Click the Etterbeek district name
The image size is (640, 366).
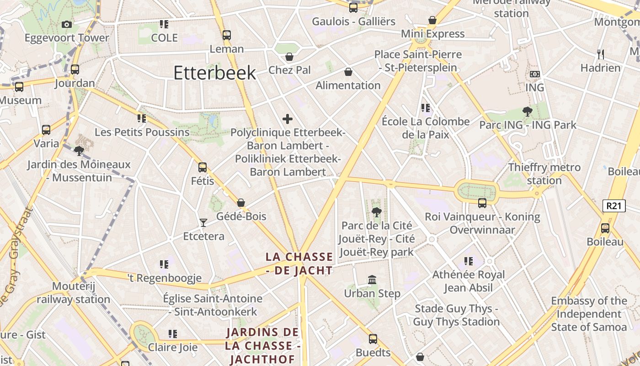pos(214,73)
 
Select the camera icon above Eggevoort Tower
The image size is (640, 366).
pos(67,24)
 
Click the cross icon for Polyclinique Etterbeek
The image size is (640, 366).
pos(288,119)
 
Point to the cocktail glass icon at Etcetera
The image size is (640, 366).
pos(203,223)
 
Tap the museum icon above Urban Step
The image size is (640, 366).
pos(372,280)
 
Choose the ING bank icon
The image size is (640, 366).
pos(534,74)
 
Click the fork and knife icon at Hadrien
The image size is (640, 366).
pos(601,54)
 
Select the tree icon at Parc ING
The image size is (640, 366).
pos(528,111)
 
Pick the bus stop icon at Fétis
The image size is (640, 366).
pos(203,167)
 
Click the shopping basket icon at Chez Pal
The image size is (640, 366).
pos(289,57)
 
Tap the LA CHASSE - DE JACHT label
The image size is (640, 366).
pos(299,264)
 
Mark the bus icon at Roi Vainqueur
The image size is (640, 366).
pos(482,203)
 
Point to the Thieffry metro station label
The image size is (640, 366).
pos(544,174)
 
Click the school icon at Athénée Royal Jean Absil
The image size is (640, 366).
pos(469,261)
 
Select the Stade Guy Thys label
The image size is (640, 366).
pos(456,315)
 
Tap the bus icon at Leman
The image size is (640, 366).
pos(226,35)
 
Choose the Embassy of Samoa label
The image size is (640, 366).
pos(589,314)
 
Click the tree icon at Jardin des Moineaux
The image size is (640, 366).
pos(79,150)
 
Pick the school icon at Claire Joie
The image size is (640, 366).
pos(172,334)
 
